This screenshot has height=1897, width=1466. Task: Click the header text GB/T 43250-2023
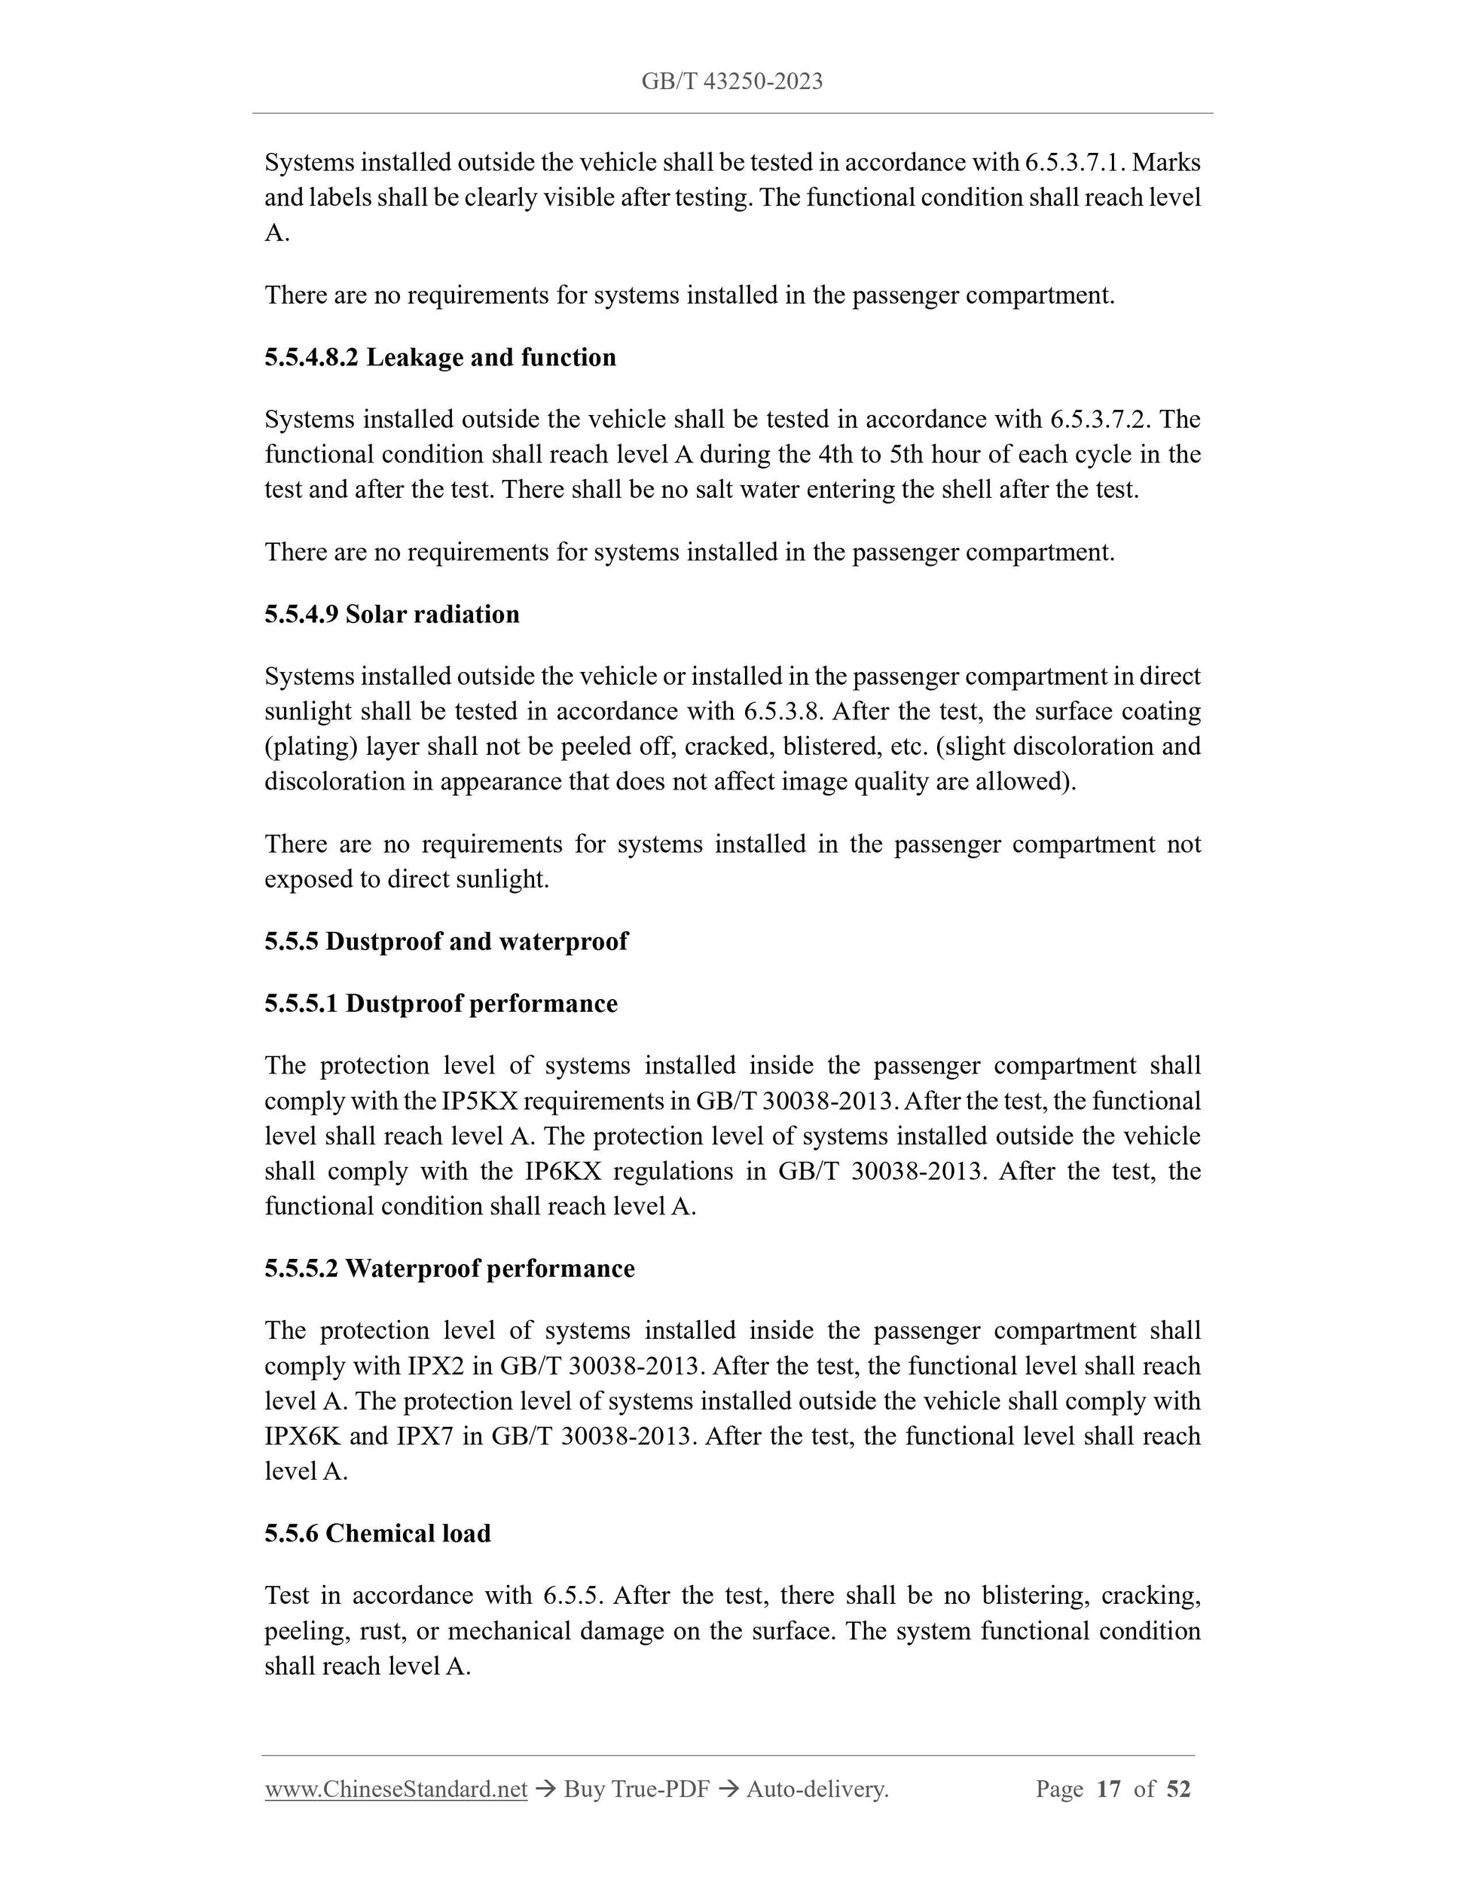(x=732, y=81)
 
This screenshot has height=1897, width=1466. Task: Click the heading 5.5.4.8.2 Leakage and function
(x=440, y=358)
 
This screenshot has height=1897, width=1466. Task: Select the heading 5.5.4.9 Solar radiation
(x=392, y=615)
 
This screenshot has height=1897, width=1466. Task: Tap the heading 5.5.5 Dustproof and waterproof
(x=445, y=942)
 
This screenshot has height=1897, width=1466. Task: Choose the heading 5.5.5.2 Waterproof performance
(x=450, y=1269)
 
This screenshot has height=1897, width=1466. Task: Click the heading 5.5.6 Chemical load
(x=377, y=1534)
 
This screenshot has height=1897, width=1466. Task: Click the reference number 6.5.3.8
(x=783, y=712)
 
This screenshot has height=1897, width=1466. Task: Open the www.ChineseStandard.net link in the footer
(x=396, y=1789)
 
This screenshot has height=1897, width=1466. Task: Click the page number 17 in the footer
(x=1108, y=1789)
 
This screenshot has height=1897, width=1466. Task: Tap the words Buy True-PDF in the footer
(x=637, y=1789)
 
